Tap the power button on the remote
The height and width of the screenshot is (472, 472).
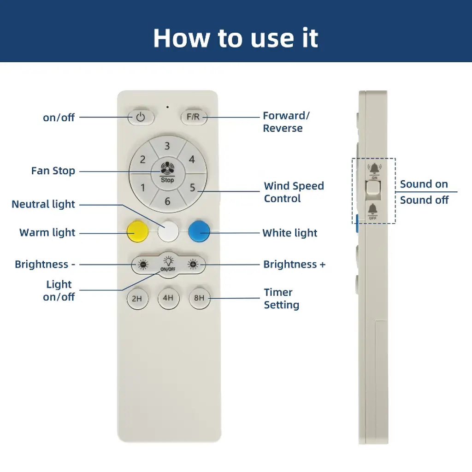pos(141,117)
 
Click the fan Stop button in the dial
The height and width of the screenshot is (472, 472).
pos(167,173)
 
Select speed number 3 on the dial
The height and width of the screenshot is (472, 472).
pos(167,146)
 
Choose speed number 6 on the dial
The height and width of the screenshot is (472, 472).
pos(167,201)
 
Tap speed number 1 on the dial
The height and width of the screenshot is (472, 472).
pos(143,188)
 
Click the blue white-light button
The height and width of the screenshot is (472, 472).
pos(199,231)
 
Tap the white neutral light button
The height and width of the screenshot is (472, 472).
pos(168,231)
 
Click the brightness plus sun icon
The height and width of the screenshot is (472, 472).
pos(193,265)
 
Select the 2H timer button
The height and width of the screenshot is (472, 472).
pos(137,299)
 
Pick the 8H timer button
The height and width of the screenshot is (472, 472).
pos(199,298)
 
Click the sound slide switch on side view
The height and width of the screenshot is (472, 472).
pos(373,188)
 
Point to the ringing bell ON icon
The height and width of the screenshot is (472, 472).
pos(374,169)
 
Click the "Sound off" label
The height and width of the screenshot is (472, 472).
pos(424,200)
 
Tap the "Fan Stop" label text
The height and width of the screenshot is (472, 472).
pos(53,171)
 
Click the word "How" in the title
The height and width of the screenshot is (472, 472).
pos(182,38)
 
